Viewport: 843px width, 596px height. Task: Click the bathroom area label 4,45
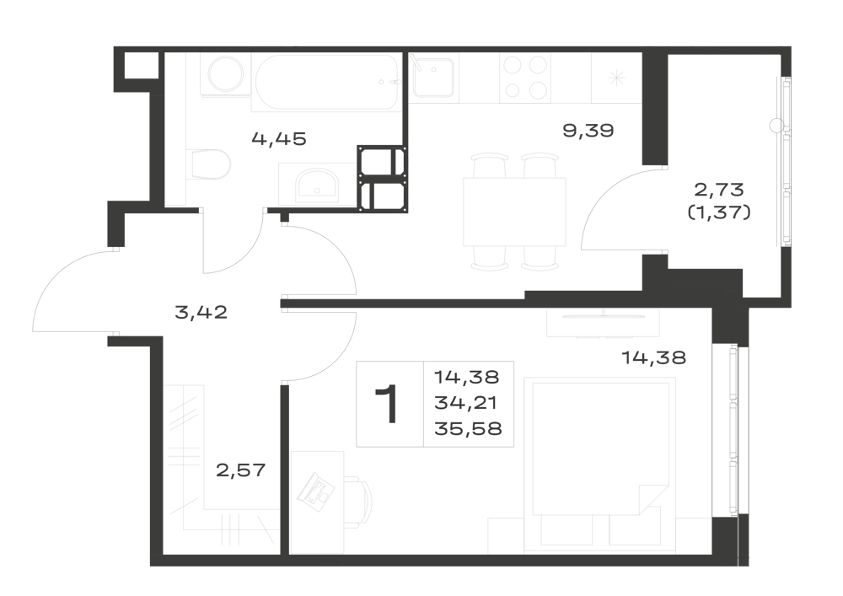click(278, 138)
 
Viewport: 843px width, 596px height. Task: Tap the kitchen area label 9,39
click(588, 130)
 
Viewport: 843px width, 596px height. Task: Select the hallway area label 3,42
click(201, 312)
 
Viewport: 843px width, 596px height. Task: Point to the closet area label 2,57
click(241, 470)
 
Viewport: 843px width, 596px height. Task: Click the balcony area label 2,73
click(719, 189)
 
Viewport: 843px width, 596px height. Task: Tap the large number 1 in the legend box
click(387, 404)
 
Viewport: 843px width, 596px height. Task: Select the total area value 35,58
click(468, 428)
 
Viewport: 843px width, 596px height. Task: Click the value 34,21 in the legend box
click(465, 402)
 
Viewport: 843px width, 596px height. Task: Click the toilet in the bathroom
click(211, 164)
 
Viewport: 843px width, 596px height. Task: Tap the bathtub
click(327, 83)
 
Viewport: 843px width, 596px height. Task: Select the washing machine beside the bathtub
click(226, 74)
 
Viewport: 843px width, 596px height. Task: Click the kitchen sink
click(434, 78)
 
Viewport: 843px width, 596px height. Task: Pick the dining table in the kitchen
click(514, 212)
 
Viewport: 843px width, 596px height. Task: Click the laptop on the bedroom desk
click(317, 490)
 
